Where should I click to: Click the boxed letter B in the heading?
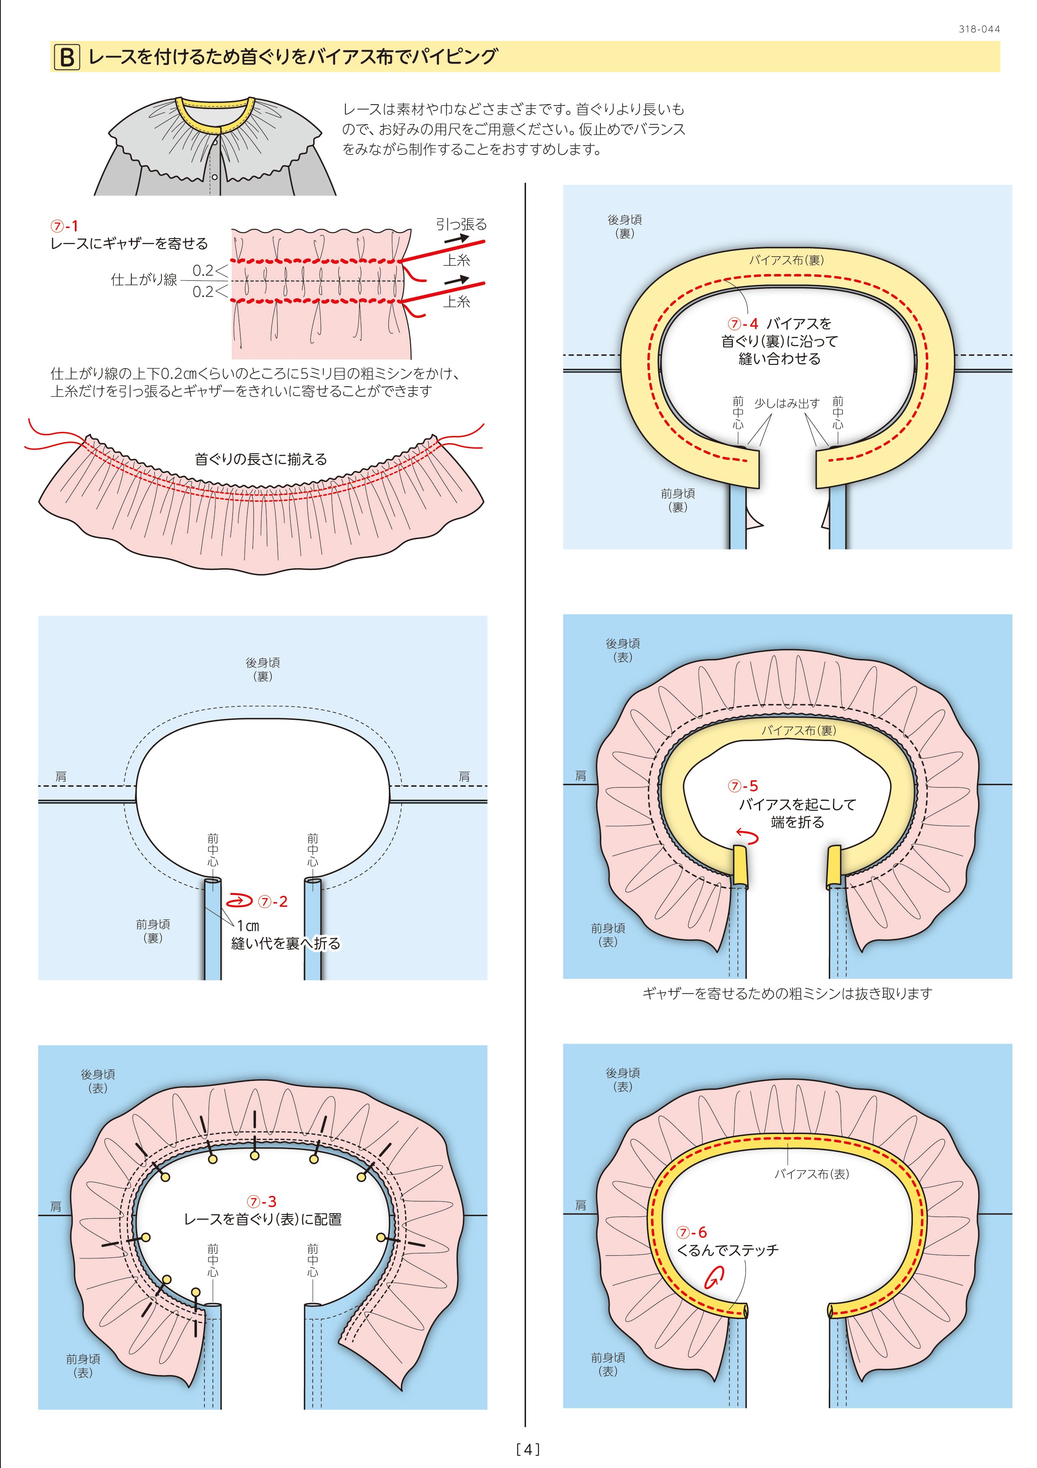point(66,58)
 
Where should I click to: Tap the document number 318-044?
point(979,29)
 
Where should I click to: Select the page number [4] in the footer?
point(528,1449)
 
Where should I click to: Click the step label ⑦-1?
point(64,226)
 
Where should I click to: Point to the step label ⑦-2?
point(273,901)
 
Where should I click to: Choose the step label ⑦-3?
point(262,1201)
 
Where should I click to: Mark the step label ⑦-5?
point(743,786)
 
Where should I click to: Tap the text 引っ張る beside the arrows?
point(461,224)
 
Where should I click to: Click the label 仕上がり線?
point(144,280)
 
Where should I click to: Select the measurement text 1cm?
point(248,925)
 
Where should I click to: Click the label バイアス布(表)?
point(812,1174)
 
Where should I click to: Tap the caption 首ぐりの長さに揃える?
point(261,459)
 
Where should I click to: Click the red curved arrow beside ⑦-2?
point(239,901)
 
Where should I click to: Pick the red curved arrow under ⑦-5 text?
point(748,836)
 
